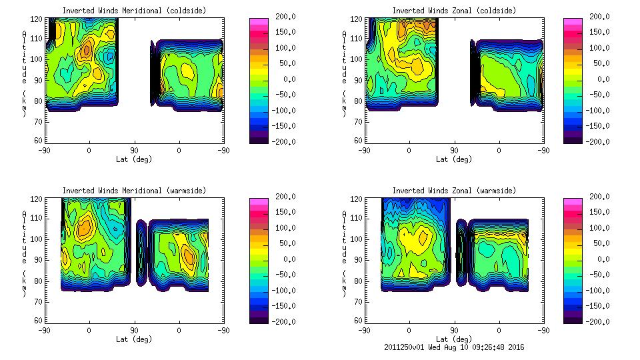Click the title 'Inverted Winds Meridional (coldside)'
point(134,11)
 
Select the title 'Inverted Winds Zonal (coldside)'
point(454,11)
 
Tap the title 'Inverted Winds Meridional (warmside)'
point(134,191)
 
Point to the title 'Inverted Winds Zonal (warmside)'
point(454,191)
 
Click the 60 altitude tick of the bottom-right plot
point(357,321)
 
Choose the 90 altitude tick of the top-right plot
point(357,79)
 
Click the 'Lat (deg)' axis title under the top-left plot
point(134,159)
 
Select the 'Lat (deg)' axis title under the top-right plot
point(454,159)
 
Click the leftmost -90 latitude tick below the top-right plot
point(364,151)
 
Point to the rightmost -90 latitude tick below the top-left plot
point(224,151)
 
